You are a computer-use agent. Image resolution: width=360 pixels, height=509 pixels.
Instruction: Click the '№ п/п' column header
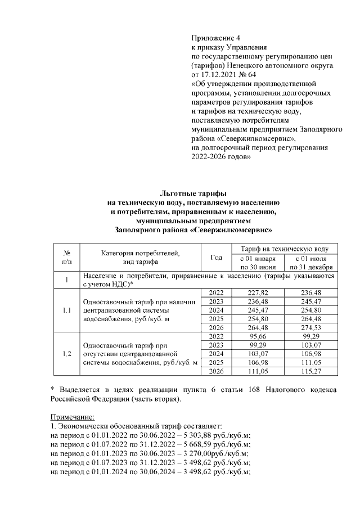click(x=66, y=257)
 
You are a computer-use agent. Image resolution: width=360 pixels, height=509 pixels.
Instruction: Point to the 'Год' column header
click(x=216, y=257)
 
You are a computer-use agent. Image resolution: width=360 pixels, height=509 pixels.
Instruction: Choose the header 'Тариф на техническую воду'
click(x=284, y=248)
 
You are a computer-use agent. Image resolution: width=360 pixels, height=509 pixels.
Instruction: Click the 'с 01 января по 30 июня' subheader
click(x=258, y=262)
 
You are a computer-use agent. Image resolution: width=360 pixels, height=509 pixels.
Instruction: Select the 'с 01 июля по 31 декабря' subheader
click(x=310, y=262)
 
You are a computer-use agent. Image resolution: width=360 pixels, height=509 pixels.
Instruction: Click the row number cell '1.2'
click(x=66, y=354)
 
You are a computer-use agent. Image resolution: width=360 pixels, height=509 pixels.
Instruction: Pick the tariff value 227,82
click(x=258, y=292)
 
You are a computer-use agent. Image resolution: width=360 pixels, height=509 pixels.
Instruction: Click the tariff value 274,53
click(x=310, y=327)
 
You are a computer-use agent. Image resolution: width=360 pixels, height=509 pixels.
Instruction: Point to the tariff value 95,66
click(x=258, y=336)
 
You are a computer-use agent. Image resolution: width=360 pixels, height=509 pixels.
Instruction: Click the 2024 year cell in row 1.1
click(x=216, y=310)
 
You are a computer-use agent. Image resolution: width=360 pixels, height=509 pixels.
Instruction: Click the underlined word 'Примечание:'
click(x=73, y=417)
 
